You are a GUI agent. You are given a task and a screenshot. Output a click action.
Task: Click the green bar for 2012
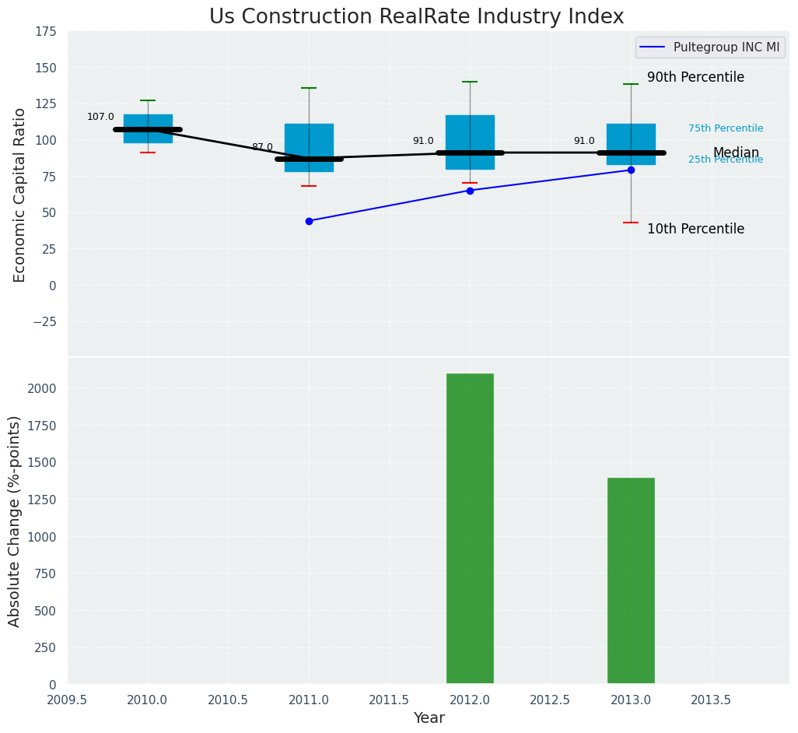click(x=470, y=529)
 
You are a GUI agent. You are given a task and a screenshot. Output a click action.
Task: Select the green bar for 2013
click(x=631, y=581)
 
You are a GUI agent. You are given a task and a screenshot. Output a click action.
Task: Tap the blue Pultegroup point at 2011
click(x=309, y=221)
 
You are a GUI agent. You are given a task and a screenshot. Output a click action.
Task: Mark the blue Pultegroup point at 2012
click(x=470, y=191)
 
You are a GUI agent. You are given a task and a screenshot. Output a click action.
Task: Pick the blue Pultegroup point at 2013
click(x=631, y=170)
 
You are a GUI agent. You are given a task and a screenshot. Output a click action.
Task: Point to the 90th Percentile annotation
click(x=695, y=78)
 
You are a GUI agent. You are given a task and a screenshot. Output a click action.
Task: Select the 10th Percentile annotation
click(x=695, y=230)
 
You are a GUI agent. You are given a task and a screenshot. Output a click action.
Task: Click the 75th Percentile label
click(x=725, y=128)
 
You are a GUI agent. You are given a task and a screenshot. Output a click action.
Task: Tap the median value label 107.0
click(x=100, y=117)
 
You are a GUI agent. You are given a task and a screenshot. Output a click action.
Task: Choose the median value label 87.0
click(x=262, y=147)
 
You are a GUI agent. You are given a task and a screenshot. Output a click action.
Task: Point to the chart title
click(x=416, y=17)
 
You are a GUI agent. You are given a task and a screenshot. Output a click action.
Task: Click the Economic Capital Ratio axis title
click(x=20, y=195)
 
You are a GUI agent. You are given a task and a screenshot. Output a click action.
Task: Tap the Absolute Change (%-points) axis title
click(x=15, y=521)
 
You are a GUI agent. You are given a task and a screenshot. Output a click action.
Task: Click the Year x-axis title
click(x=429, y=718)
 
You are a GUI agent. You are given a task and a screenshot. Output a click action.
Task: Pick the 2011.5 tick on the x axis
click(x=390, y=700)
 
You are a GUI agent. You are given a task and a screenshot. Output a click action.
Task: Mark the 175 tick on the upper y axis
click(x=45, y=31)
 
